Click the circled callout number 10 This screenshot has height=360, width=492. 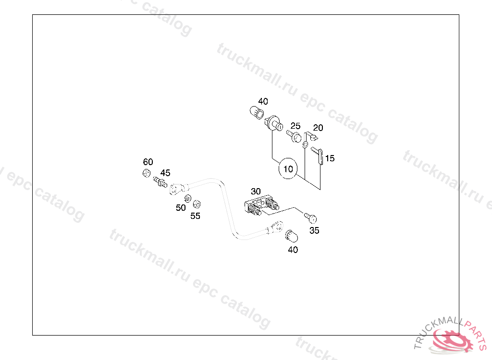288,169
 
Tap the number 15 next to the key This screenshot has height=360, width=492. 330,158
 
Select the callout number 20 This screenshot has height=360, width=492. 318,128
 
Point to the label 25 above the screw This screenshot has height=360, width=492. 295,126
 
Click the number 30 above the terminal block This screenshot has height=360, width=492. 256,191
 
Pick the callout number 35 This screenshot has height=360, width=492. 314,230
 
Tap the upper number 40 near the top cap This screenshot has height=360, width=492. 263,101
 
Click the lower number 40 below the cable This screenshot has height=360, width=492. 293,250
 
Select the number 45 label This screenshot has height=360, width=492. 165,172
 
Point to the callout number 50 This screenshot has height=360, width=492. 181,208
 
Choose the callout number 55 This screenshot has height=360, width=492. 195,216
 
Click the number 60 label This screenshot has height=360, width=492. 148,161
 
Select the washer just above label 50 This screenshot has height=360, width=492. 188,198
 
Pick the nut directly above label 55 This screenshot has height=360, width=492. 196,204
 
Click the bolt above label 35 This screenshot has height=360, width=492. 311,218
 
